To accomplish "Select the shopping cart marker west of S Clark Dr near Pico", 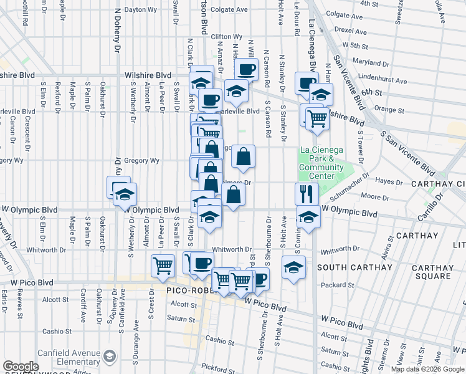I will tap(163, 266).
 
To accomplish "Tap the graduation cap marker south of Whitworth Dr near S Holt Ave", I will tap(293, 267).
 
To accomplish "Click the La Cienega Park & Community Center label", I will tap(321, 158).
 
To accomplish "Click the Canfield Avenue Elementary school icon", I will tap(110, 357).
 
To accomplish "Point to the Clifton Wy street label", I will tap(226, 37).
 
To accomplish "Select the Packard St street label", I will tap(340, 285).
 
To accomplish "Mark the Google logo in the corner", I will tap(21, 367).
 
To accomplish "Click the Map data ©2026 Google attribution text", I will tap(427, 369).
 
